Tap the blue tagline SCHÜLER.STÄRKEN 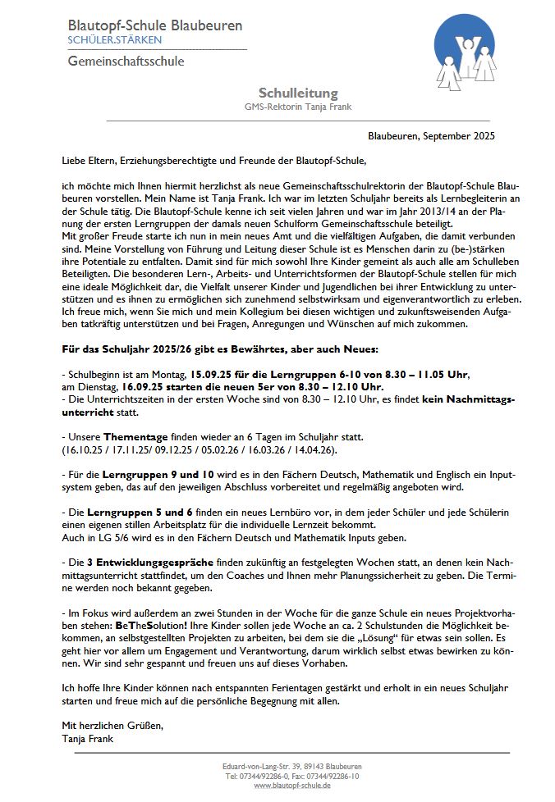pyautogui.click(x=115, y=40)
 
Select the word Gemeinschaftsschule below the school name pyautogui.click(x=126, y=62)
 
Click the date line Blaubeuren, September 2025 pyautogui.click(x=431, y=136)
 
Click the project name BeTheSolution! pyautogui.click(x=116, y=624)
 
